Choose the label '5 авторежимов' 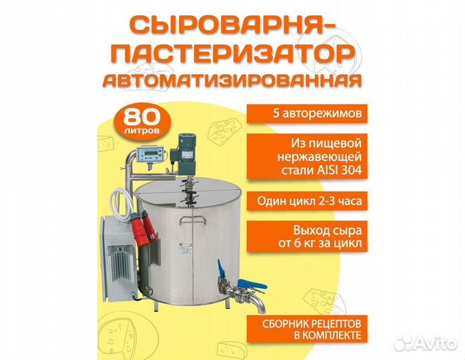307,113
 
